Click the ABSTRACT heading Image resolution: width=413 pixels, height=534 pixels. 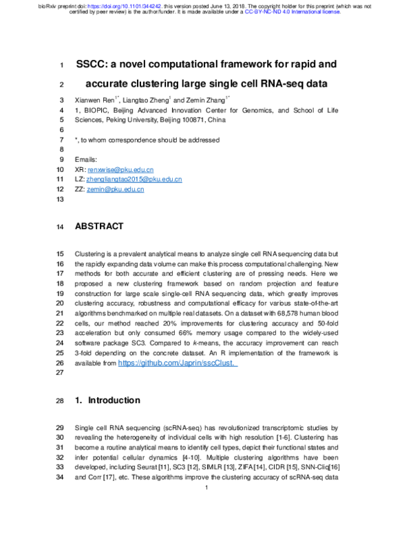(98, 226)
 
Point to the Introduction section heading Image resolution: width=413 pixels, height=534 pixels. (112, 400)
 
